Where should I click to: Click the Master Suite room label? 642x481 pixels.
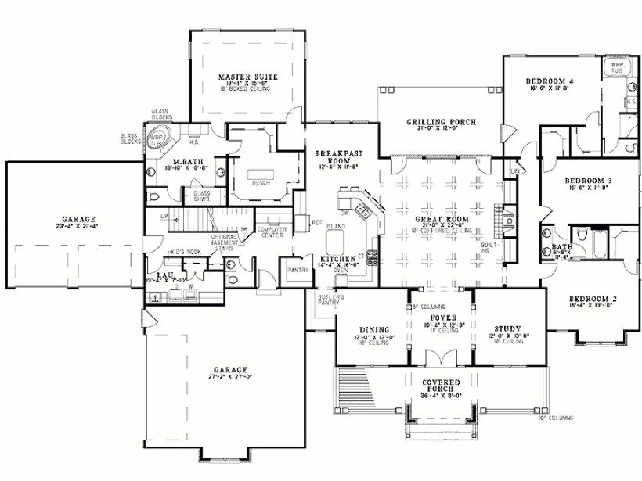(x=243, y=77)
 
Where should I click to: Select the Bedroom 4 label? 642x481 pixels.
(x=550, y=81)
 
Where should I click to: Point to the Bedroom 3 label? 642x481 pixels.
(x=588, y=181)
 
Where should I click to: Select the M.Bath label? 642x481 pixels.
(x=184, y=163)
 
